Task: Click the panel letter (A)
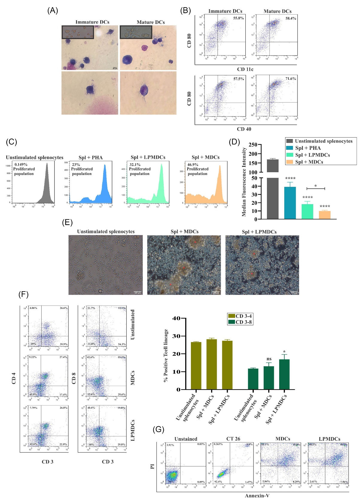click(x=53, y=10)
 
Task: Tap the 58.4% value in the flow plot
click(x=291, y=18)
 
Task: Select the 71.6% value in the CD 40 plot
click(x=291, y=79)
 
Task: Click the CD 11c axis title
click(x=245, y=69)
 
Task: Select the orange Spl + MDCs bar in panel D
click(x=324, y=215)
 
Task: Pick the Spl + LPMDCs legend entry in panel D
click(x=312, y=155)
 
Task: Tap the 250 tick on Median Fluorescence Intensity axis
click(x=253, y=145)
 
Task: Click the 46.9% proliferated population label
click(x=193, y=165)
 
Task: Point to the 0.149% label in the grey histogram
click(x=21, y=165)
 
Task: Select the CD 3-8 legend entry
click(x=244, y=322)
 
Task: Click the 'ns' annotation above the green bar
click(x=269, y=359)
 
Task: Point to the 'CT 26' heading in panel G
click(x=233, y=439)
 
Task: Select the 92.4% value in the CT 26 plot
click(x=218, y=482)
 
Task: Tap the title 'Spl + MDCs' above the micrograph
click(x=184, y=232)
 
